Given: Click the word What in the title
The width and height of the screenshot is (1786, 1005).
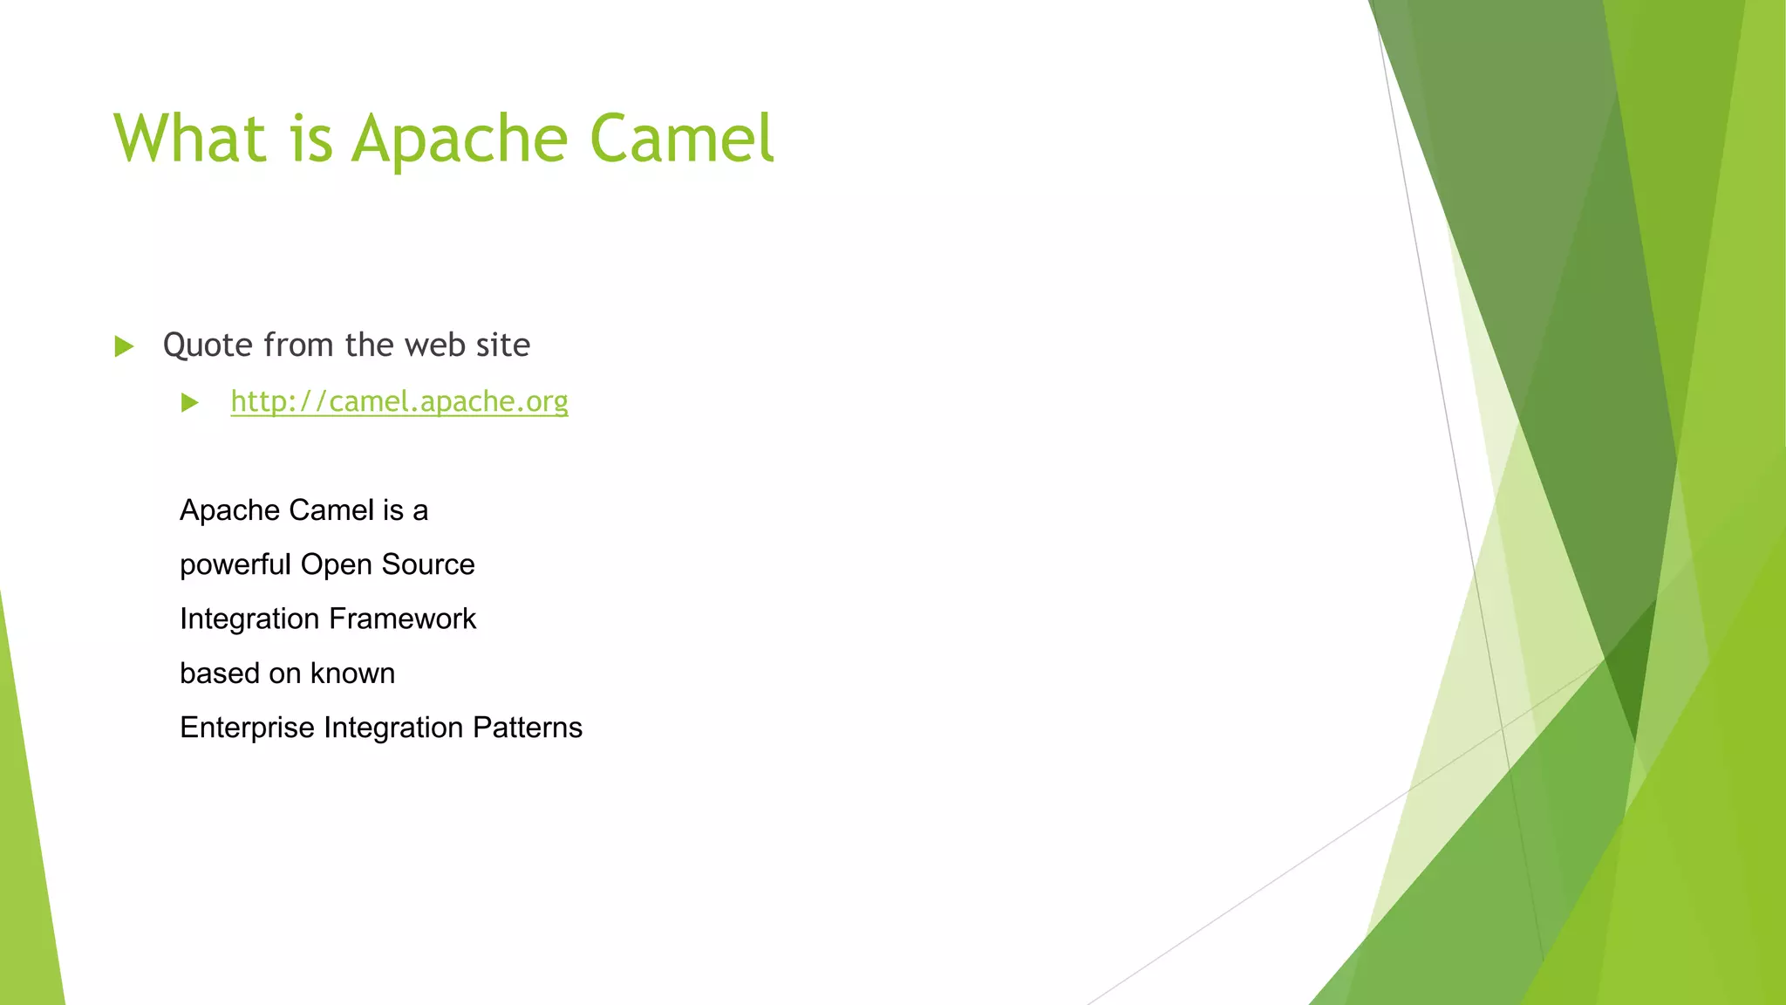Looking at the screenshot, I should click(x=189, y=138).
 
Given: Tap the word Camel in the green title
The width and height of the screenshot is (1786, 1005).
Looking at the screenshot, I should click(x=681, y=138).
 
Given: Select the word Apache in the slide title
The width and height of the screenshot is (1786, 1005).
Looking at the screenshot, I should click(x=460, y=140).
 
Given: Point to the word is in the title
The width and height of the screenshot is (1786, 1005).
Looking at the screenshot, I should click(x=311, y=140).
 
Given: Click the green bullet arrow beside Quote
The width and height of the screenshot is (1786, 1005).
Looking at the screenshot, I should click(x=124, y=346).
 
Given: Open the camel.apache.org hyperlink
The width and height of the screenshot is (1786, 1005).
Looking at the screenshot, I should click(x=399, y=401).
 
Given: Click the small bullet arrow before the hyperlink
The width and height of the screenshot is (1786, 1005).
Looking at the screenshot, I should click(x=190, y=402).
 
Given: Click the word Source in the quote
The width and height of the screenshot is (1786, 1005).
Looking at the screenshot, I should click(x=427, y=564).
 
